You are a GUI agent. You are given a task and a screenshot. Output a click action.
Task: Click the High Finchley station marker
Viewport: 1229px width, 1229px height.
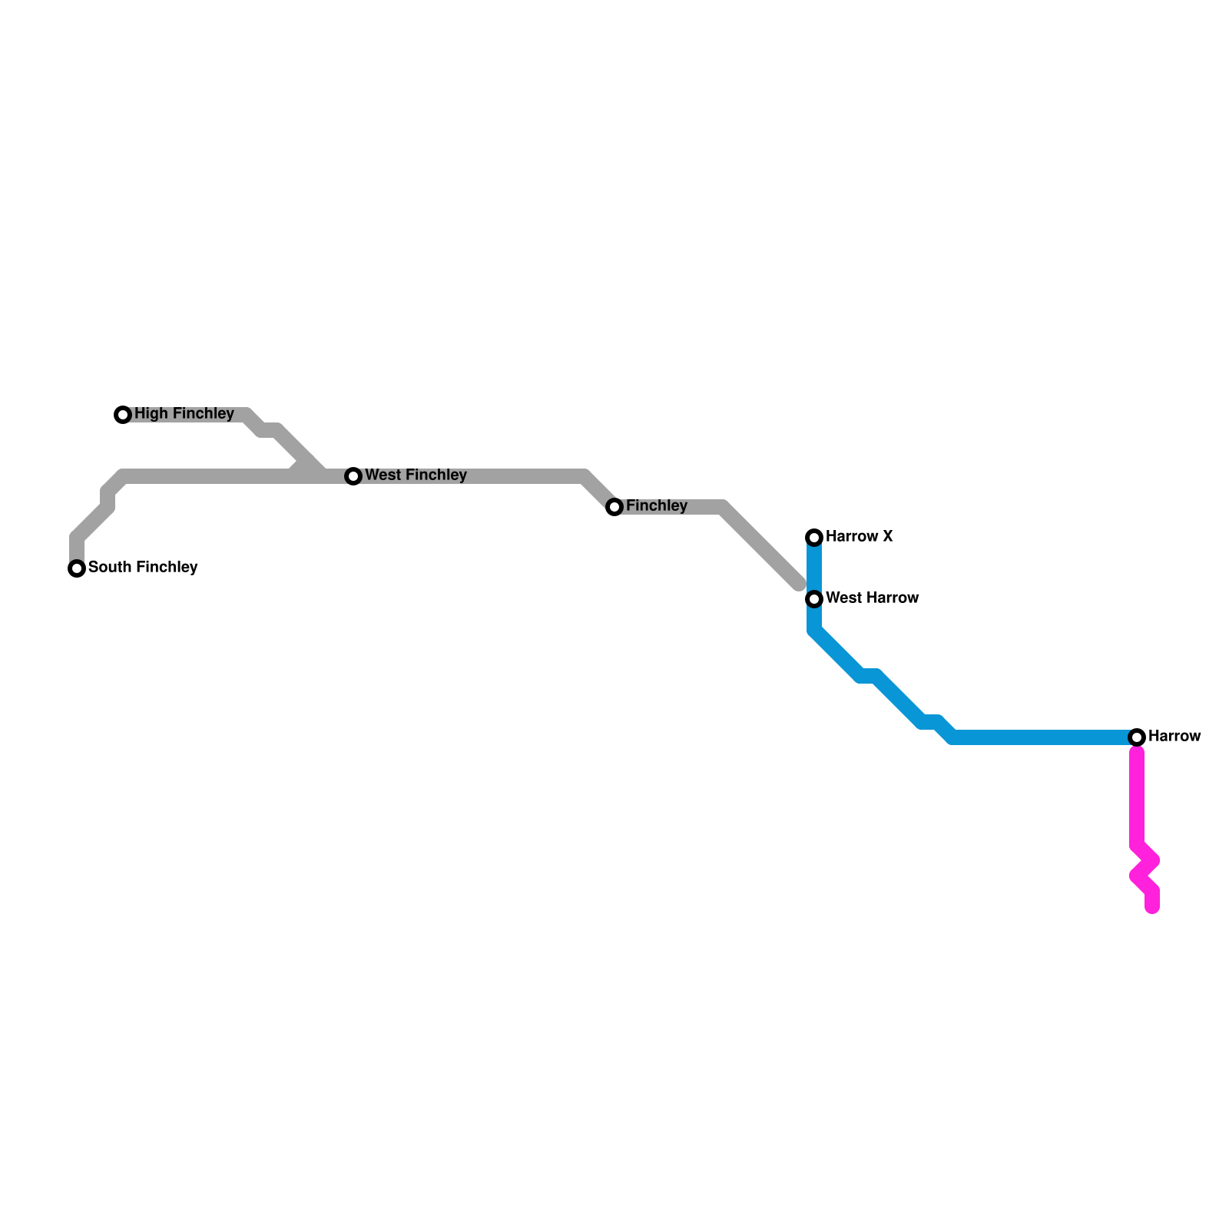point(123,415)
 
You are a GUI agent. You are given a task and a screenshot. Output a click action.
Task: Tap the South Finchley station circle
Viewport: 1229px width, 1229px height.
point(77,568)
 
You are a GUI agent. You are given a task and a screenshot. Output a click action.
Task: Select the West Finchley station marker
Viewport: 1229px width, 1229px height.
point(353,476)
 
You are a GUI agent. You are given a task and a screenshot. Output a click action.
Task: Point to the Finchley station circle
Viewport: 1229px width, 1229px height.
point(614,507)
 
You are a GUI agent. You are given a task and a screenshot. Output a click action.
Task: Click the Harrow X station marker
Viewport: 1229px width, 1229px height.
point(814,538)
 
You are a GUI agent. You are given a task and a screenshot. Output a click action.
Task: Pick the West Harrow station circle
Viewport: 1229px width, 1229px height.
point(814,599)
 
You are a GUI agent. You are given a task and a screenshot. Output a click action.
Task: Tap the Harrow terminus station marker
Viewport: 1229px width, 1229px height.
point(1137,737)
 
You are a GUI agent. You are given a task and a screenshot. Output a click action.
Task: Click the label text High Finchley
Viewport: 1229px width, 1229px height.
point(184,414)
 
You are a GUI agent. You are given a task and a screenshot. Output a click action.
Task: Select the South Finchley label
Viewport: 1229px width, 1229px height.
point(143,568)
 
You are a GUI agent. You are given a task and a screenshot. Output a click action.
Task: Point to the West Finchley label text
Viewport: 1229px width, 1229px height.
point(416,475)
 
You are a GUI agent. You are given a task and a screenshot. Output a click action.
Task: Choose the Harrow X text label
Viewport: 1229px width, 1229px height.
point(859,537)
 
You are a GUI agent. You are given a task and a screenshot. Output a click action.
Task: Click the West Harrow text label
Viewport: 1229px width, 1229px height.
point(872,598)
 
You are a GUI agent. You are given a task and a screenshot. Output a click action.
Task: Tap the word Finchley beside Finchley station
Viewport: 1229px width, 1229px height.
point(656,506)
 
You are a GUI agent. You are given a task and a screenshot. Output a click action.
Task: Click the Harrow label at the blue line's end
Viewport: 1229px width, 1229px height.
point(1174,737)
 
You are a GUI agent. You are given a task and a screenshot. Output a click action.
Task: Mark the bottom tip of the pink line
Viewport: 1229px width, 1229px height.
point(1152,909)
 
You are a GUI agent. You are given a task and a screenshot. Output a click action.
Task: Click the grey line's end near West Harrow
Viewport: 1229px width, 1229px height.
point(799,585)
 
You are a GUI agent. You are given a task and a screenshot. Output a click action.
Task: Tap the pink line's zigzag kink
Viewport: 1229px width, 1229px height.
point(1145,868)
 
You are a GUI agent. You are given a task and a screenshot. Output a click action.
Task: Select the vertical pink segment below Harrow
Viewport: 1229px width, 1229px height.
point(1137,799)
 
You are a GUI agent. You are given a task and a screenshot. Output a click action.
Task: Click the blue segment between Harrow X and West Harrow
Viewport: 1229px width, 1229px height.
point(814,568)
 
